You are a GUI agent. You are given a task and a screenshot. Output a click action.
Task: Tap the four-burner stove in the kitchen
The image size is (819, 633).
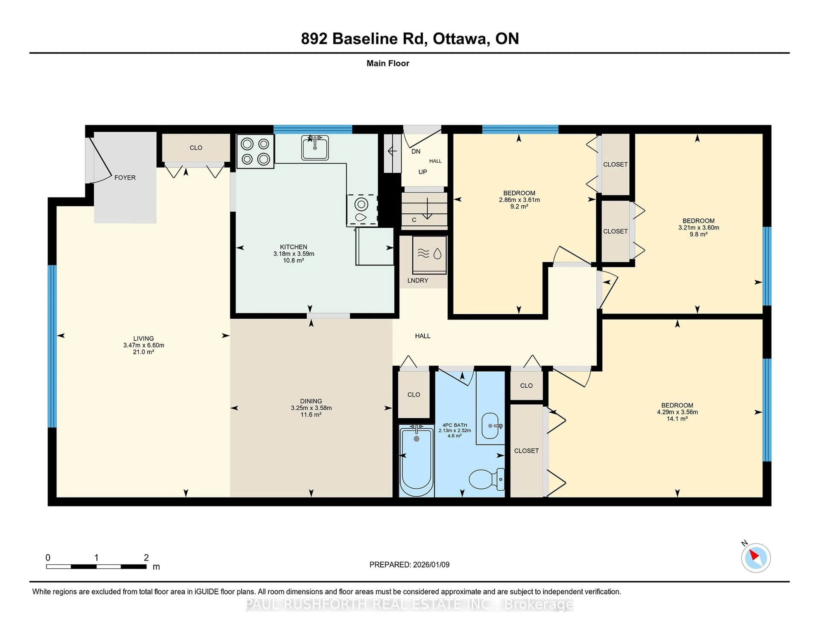[255, 151]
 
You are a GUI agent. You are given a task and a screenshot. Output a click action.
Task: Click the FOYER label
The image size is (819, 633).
[125, 178]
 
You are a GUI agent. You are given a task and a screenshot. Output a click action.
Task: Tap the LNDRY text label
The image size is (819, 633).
[417, 280]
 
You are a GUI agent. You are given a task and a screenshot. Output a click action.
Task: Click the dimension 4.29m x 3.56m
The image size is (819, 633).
[677, 412]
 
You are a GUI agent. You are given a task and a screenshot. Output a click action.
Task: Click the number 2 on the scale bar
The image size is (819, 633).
[146, 558]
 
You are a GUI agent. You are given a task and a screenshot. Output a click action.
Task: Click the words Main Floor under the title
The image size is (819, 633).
[388, 63]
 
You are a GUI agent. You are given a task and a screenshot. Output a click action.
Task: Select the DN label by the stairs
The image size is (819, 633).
[415, 151]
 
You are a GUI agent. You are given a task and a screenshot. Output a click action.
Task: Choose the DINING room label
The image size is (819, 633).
[311, 401]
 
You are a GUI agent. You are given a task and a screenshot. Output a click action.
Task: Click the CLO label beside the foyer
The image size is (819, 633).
[196, 148]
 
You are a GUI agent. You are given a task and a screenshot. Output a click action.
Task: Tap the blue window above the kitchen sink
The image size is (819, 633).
[312, 130]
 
